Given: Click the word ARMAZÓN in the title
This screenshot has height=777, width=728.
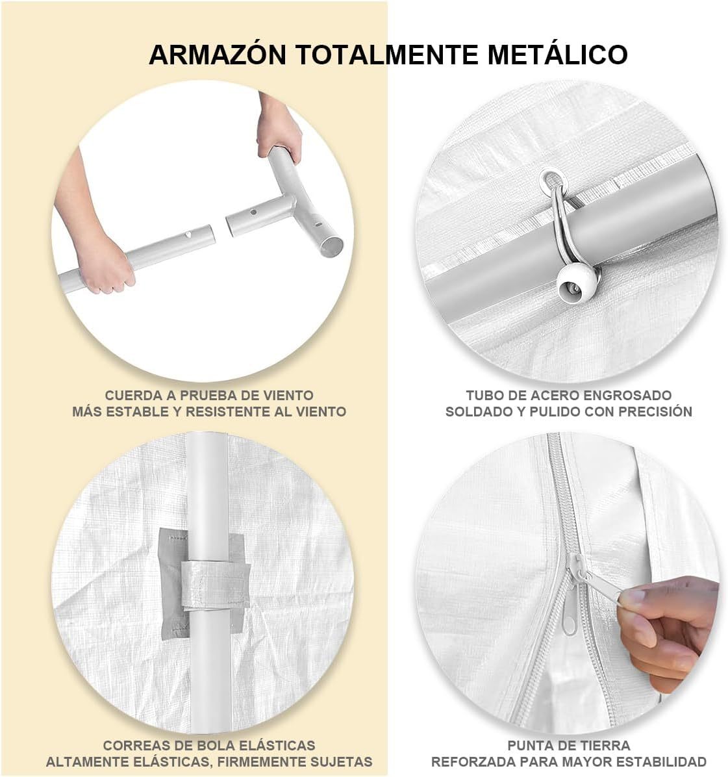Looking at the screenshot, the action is point(218,55).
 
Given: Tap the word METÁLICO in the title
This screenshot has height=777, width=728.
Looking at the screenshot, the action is point(558,55).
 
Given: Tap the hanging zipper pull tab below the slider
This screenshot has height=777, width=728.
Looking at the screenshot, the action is point(570,617).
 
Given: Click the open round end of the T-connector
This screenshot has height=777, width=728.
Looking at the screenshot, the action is point(331,246).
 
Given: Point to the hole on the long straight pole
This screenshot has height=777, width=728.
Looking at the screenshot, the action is point(188,235).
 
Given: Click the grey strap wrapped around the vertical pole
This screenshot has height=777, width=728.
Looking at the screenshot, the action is point(215,585).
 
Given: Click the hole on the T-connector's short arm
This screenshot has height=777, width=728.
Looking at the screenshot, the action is point(253,212).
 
